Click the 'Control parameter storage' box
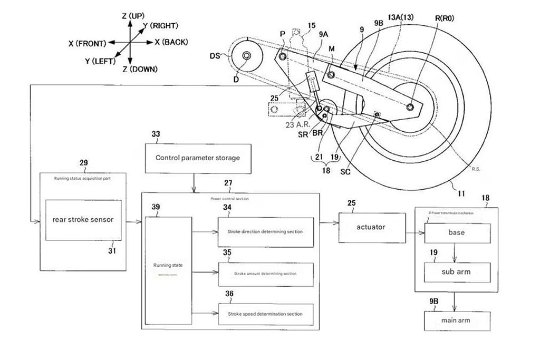(x=197, y=158)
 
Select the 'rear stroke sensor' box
(x=83, y=220)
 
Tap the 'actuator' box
(x=372, y=227)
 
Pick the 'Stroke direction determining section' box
(x=265, y=231)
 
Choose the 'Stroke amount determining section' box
(x=265, y=274)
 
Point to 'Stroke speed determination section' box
(x=265, y=314)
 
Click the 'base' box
(x=457, y=232)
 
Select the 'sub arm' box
(x=457, y=273)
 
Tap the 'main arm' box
(x=457, y=320)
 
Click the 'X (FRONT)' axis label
(x=88, y=43)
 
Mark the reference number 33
(x=156, y=134)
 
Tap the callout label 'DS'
(x=215, y=55)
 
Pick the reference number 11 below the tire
(x=461, y=193)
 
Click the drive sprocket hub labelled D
(x=245, y=56)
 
